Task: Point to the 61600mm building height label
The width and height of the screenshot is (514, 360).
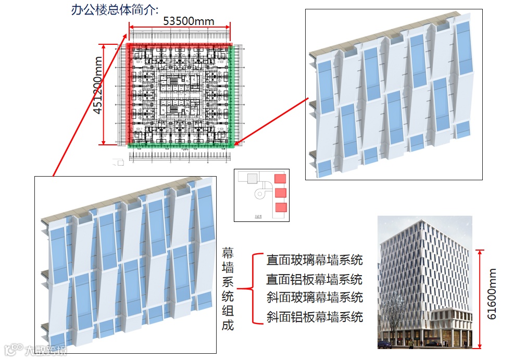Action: tap(492, 294)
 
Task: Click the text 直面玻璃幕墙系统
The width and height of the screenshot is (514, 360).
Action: tap(314, 259)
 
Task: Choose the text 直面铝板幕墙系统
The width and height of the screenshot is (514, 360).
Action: tap(314, 279)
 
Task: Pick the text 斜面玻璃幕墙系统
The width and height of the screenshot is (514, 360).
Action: tap(314, 297)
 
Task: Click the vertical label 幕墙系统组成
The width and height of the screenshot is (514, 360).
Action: tap(228, 288)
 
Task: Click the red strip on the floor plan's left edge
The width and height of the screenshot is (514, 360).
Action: tap(129, 94)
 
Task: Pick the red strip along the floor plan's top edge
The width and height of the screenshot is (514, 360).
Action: tap(180, 45)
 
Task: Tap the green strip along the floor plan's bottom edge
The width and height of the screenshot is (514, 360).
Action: tap(180, 146)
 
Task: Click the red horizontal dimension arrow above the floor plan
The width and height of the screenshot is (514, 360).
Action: tap(180, 28)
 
